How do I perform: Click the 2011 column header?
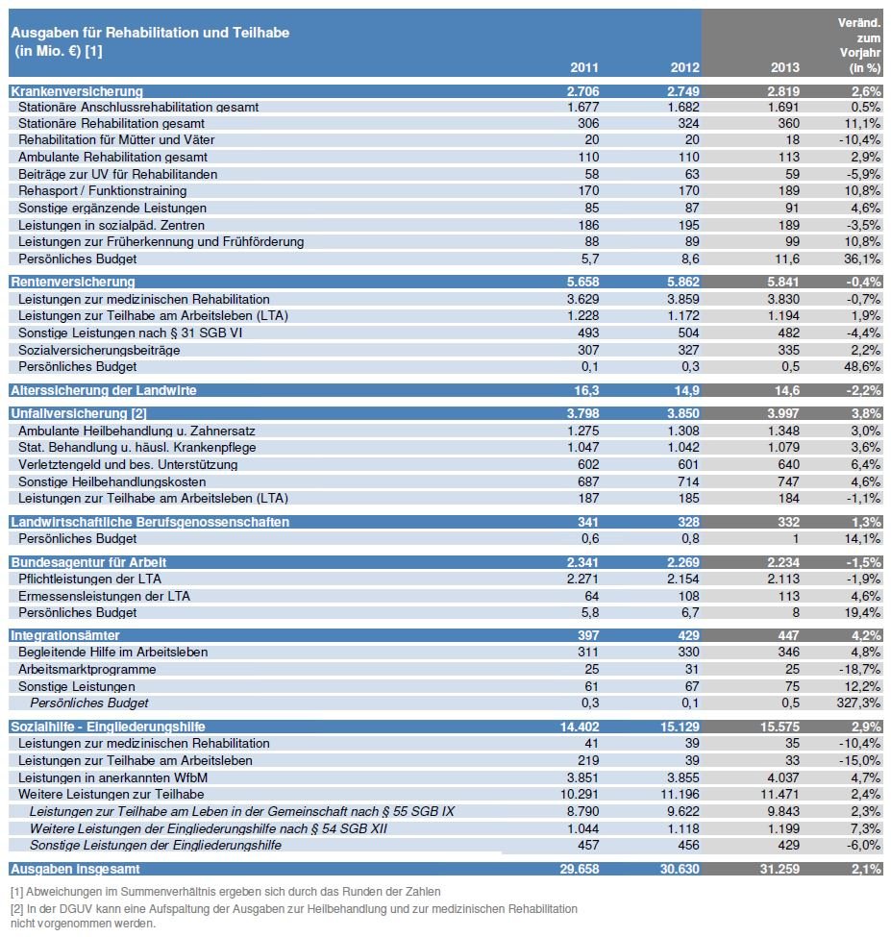[584, 68]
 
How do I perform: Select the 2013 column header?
[785, 68]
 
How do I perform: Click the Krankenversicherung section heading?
[76, 91]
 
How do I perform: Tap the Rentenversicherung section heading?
[72, 282]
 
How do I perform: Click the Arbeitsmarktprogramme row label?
[87, 669]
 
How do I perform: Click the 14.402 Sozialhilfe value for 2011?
[579, 727]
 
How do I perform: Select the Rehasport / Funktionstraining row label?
[102, 190]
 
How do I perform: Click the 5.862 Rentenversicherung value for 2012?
[679, 282]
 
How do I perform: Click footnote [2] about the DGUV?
[293, 915]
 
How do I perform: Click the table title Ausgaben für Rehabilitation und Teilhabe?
[150, 33]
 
